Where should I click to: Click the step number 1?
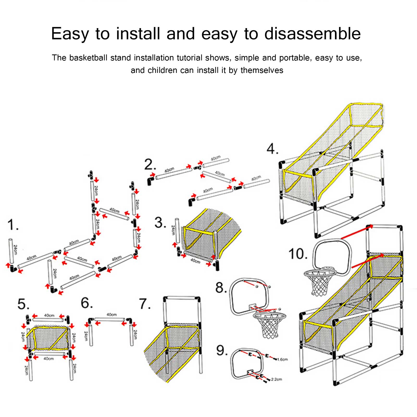coord(12,225)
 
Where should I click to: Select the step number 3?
coord(160,223)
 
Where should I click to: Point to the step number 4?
coord(272,149)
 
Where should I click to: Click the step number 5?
coord(23,304)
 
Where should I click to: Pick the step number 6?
coord(86,303)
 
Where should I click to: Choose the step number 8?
coord(221,288)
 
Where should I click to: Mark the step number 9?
coord(221,350)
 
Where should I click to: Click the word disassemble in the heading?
coord(312,34)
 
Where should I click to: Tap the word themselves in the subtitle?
coord(262,70)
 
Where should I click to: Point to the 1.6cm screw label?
coord(282,359)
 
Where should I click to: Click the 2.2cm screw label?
coord(276,379)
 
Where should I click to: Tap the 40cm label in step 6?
coord(111,315)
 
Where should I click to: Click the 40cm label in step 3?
coord(195,261)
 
